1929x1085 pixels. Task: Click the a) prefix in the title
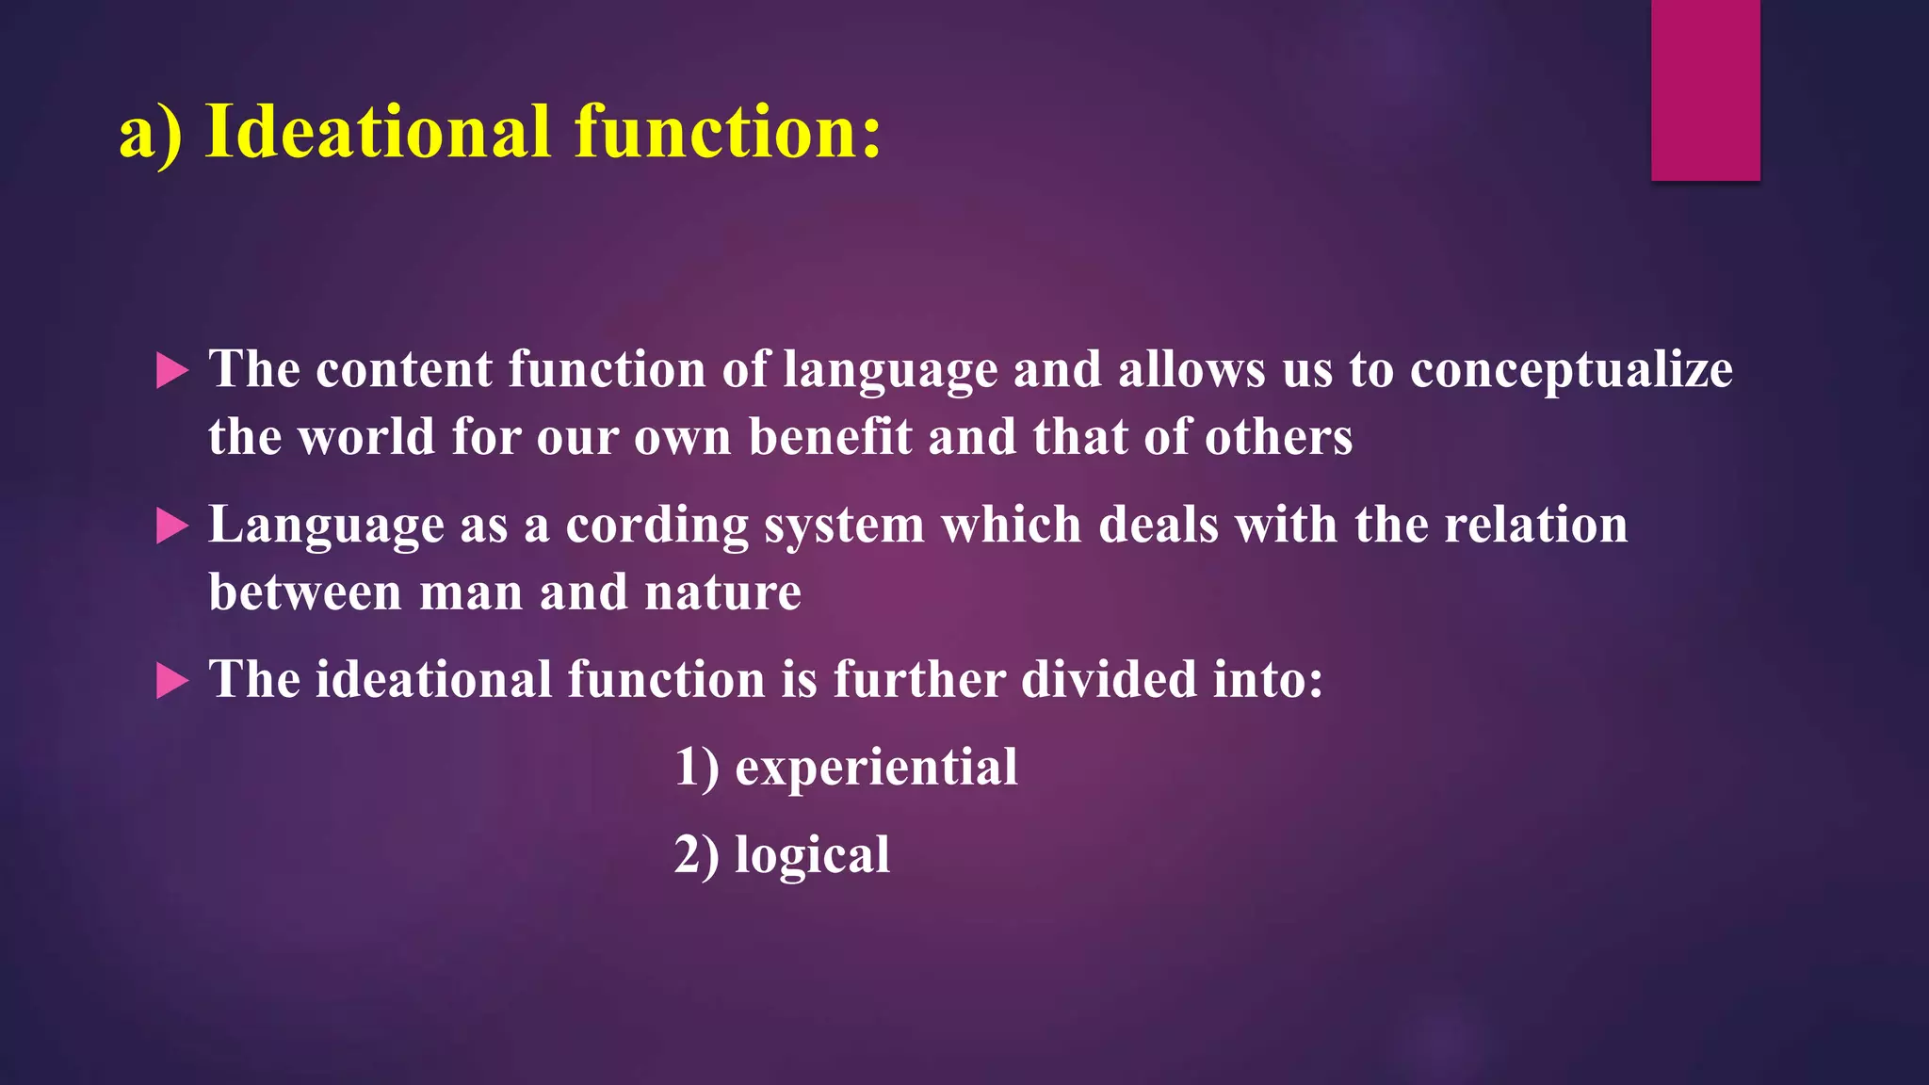(x=150, y=135)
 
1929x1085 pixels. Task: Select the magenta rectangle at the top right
(x=1705, y=89)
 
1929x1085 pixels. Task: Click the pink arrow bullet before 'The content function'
(x=171, y=371)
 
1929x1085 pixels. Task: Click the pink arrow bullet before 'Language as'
(x=171, y=526)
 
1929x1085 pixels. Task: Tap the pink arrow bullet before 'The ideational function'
(x=171, y=681)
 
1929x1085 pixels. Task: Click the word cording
(x=657, y=526)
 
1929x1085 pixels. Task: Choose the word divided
(x=1109, y=680)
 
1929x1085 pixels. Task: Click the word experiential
(x=876, y=768)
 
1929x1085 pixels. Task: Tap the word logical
(x=812, y=856)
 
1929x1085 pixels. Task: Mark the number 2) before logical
(x=696, y=855)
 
